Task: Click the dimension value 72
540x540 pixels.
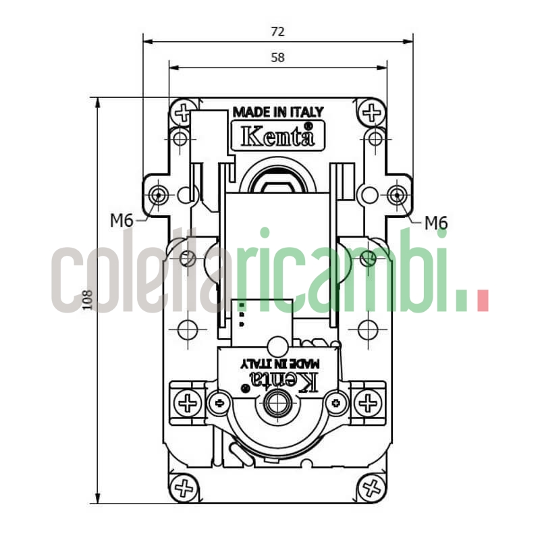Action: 277,31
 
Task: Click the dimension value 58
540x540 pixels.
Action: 277,57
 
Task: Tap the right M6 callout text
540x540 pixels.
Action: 436,223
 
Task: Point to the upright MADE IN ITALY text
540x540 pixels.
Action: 277,112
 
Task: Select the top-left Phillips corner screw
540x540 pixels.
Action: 182,112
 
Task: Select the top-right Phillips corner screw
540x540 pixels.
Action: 371,112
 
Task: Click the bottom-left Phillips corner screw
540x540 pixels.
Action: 182,486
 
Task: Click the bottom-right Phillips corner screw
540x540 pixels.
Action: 371,486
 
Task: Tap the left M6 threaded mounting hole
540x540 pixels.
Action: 158,195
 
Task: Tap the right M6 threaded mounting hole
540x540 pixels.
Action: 396,195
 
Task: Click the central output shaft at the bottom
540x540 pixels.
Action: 275,404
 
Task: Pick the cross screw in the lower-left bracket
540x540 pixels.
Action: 187,404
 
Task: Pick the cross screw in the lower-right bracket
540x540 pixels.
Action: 368,404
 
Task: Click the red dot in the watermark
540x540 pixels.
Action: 482,300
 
